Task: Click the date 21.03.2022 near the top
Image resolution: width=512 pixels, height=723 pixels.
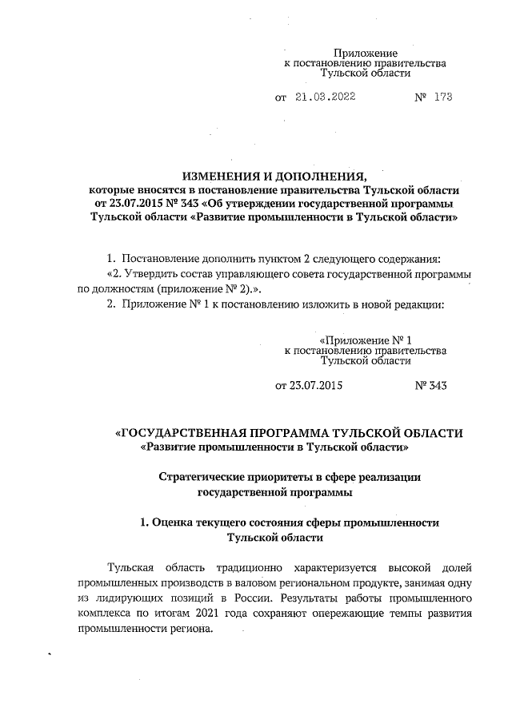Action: click(x=325, y=97)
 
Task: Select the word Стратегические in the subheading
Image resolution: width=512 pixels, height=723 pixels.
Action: click(x=200, y=477)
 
